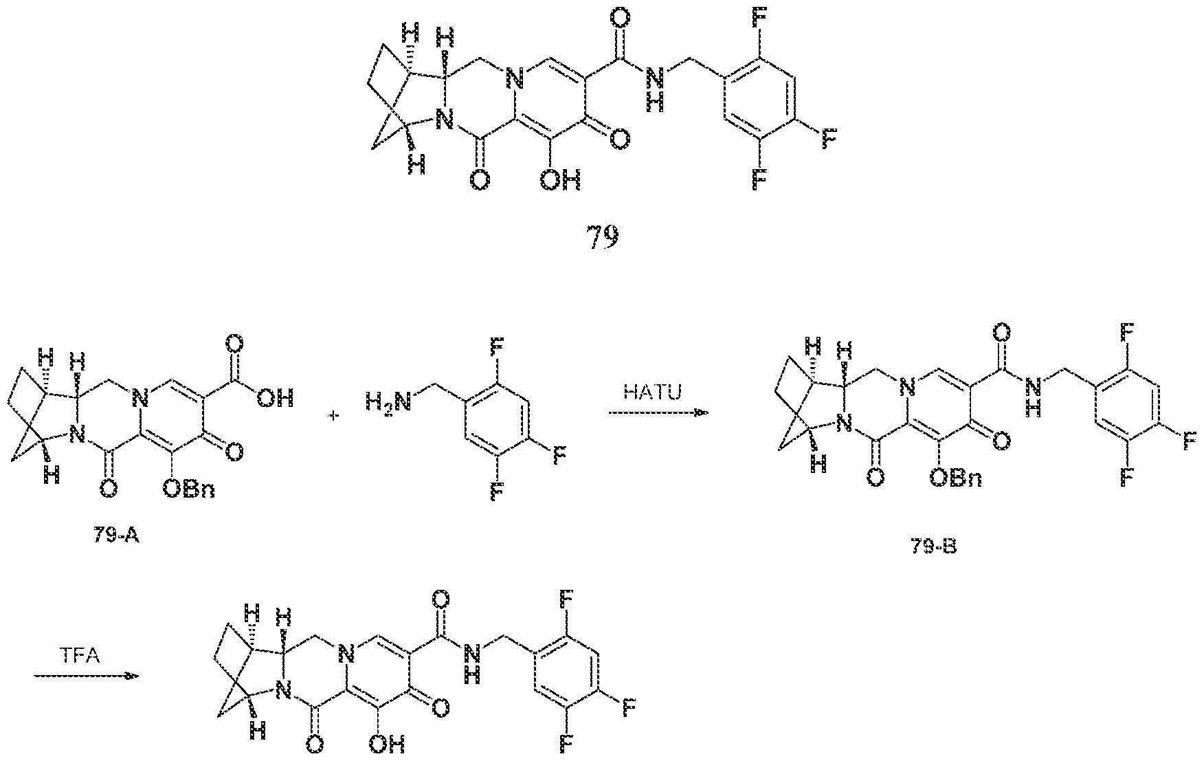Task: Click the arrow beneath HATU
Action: click(x=658, y=413)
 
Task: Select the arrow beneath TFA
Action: click(x=87, y=676)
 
